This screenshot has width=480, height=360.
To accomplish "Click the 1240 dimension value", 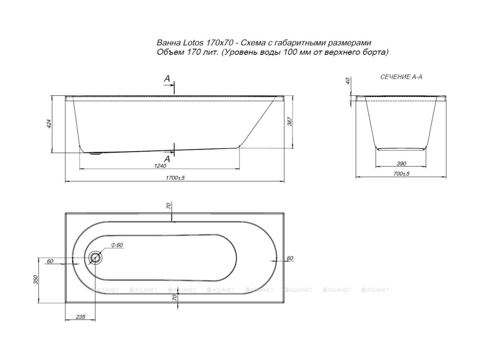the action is pos(160,166).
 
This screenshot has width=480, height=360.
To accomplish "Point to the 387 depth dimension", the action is pos(290,121).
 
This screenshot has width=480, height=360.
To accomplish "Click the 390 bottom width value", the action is pos(401,163).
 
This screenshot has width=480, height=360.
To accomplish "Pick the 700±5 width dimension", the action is pos(401,174).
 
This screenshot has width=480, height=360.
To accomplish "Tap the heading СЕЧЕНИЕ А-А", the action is pos(401,77).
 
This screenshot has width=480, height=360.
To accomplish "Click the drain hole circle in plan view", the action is pos(95,258).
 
